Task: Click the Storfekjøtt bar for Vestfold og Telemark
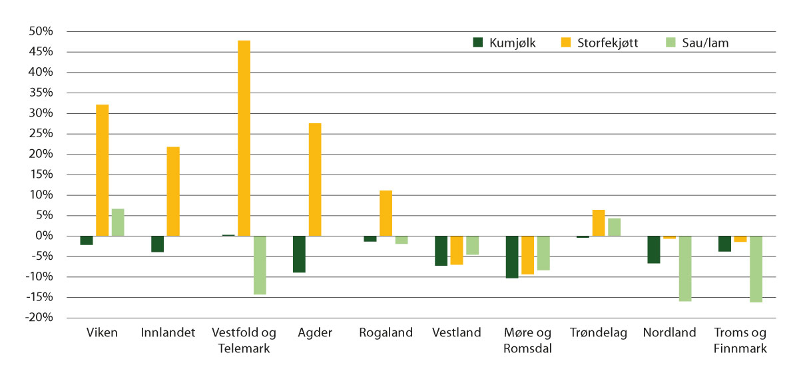(x=244, y=138)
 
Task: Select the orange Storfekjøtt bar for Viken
(x=102, y=170)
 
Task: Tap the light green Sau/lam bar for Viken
(x=118, y=222)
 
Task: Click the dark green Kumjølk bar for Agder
(x=299, y=254)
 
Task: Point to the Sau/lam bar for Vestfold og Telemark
(x=260, y=265)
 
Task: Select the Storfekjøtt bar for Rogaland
(x=386, y=213)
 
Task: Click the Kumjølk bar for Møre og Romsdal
(x=512, y=256)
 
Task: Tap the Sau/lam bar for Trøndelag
(x=614, y=227)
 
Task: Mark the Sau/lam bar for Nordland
(x=685, y=268)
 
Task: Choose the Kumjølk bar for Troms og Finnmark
(x=724, y=244)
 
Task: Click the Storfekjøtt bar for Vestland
(x=457, y=250)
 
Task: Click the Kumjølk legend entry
(x=504, y=43)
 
